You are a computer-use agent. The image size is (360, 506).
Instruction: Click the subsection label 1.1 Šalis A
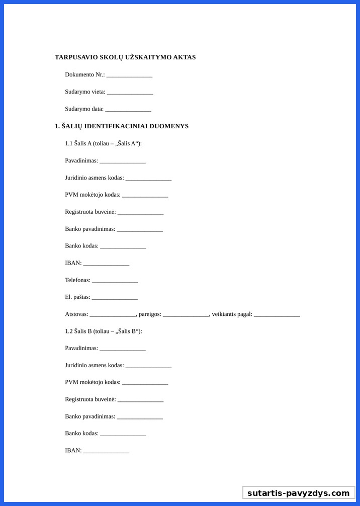point(103,143)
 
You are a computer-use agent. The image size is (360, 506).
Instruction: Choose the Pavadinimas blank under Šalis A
point(123,161)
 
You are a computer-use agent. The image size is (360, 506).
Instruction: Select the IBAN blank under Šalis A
point(106,263)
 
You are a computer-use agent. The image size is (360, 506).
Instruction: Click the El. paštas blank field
point(115,297)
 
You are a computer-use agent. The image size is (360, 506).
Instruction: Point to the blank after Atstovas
point(113,314)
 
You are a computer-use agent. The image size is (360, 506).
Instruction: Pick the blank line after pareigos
point(186,314)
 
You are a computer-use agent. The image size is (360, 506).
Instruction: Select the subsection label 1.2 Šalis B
point(103,331)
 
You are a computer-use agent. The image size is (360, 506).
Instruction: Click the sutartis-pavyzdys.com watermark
point(298,493)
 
